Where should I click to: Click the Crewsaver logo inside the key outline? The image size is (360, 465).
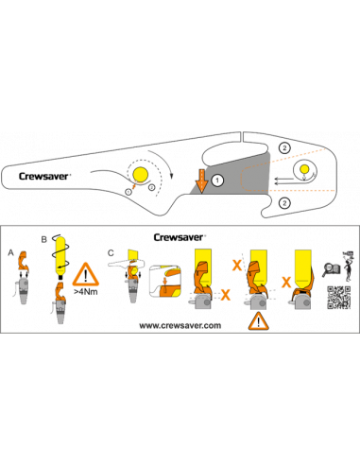coord(44,176)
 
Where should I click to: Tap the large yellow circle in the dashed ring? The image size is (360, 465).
coord(141,174)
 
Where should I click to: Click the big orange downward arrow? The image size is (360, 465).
coord(202,181)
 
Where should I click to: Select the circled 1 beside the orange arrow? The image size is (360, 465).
coord(217,181)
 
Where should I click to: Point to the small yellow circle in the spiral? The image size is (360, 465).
coord(304,169)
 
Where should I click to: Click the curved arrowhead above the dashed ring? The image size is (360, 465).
coord(171,175)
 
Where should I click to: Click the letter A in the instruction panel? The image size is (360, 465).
coord(11,252)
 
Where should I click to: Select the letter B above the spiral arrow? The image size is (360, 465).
coord(44,239)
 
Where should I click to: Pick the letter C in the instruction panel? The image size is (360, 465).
coord(111,253)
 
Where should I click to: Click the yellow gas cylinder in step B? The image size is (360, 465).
coord(60,256)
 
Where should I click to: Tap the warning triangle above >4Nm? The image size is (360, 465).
coord(86,275)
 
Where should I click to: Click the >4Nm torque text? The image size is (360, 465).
coord(86,292)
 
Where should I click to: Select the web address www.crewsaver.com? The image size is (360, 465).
coord(180,325)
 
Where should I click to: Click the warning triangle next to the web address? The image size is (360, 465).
coord(258,321)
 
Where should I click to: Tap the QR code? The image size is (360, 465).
coord(338,298)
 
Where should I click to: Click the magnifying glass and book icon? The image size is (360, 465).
coord(331,270)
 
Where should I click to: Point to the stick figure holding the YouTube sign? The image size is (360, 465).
coord(348,267)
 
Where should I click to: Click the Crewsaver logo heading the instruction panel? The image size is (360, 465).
coord(180,237)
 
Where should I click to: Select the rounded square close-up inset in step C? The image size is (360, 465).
coord(165,282)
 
